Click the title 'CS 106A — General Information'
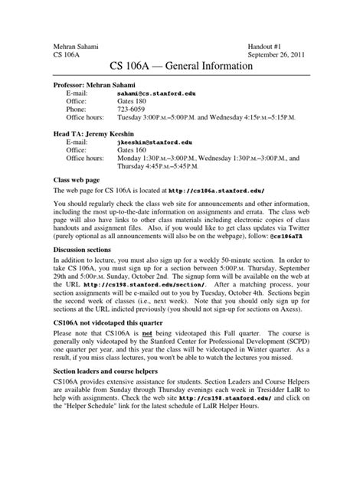(181, 68)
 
